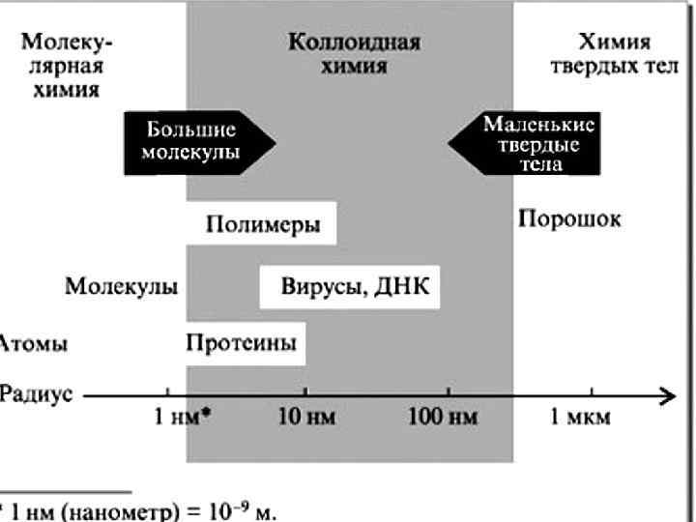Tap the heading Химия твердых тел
[614, 55]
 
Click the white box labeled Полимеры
[263, 224]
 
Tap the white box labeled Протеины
[242, 342]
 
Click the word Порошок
[569, 218]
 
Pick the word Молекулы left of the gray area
[122, 286]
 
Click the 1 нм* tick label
[184, 418]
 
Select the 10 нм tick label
[306, 418]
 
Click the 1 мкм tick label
[580, 418]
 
